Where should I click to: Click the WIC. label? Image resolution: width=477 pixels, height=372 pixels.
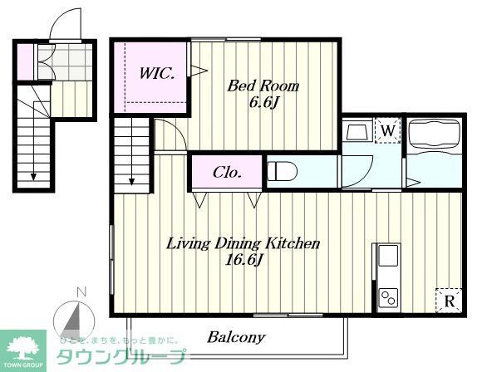pos(155,73)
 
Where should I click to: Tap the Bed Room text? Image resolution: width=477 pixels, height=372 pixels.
pos(263,86)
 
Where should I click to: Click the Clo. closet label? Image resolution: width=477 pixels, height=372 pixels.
pos(227,173)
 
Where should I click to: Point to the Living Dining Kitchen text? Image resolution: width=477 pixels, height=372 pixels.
pos(243,243)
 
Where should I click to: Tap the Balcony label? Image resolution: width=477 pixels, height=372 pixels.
pos(236,337)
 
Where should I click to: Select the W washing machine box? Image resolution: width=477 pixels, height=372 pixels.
pos(386,130)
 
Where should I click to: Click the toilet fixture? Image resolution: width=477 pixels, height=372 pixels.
pos(282,172)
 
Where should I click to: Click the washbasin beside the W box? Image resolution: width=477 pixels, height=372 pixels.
pos(357,132)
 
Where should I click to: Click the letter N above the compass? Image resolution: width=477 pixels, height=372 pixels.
pos(80,291)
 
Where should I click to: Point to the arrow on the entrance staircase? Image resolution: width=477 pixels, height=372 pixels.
pos(34,174)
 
